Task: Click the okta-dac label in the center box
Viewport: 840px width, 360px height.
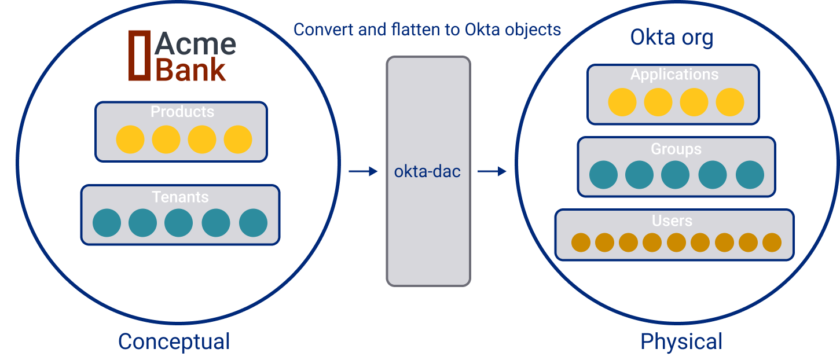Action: point(427,171)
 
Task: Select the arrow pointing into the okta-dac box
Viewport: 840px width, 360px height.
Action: point(363,171)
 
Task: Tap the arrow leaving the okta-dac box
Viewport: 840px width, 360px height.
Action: point(491,171)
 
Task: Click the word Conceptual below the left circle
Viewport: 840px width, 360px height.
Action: point(174,341)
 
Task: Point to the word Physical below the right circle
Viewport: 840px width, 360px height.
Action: point(681,341)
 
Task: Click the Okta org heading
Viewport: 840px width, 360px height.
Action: point(672,38)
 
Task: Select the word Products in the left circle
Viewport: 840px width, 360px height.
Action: point(182,112)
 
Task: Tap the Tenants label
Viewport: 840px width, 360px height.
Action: point(180,197)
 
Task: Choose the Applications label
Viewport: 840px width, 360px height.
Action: point(674,75)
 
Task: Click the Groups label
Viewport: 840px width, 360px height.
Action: point(676,149)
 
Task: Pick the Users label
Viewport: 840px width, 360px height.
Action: point(672,221)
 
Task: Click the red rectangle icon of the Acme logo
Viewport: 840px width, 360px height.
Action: point(139,55)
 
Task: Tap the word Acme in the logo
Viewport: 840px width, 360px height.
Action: point(195,44)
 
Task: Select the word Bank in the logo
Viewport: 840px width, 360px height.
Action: point(191,70)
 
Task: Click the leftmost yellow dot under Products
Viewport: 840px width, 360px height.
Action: point(130,139)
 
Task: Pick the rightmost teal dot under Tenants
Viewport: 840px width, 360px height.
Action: point(253,223)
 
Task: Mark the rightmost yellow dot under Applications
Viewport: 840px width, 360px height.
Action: point(729,102)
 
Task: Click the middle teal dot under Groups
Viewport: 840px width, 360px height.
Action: point(676,175)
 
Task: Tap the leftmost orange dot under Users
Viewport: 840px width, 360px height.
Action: point(581,243)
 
